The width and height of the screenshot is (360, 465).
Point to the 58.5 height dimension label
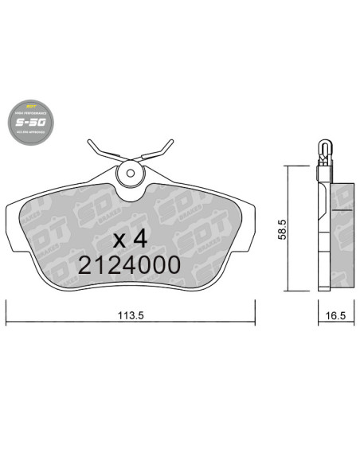295,229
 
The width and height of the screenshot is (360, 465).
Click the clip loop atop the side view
325,149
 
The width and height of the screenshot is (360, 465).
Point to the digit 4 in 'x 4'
143,239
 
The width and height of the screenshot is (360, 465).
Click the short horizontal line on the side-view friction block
343,209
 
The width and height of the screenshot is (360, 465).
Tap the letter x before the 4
119,240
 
